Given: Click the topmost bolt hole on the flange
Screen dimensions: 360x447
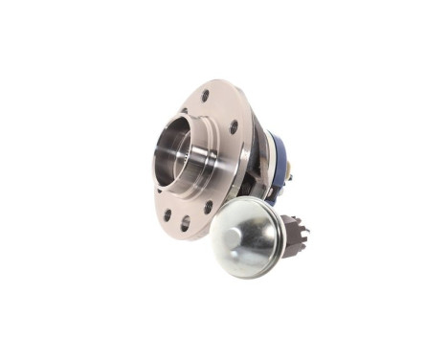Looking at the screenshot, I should (x=205, y=96).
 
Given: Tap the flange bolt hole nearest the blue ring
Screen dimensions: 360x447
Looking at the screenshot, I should (x=234, y=126).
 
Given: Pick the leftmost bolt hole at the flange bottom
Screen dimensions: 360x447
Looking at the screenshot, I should (x=168, y=214).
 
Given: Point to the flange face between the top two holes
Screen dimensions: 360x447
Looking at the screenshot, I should (x=220, y=108).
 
